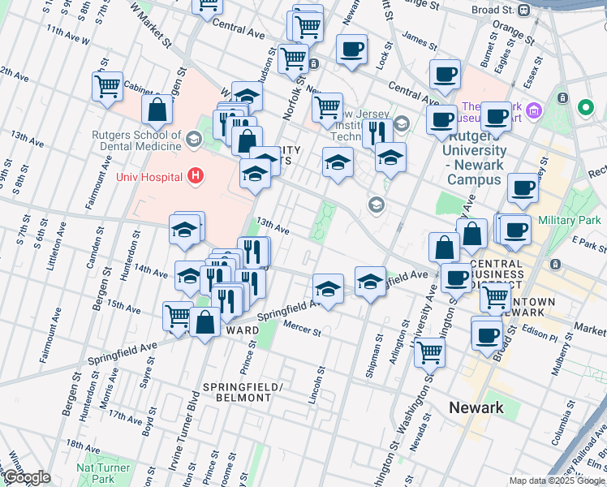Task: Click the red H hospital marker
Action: point(195,175)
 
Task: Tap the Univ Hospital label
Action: point(152,175)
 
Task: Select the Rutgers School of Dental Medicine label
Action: point(136,140)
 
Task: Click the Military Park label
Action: point(567,220)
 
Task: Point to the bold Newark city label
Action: point(476,407)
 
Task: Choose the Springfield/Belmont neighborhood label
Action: point(236,391)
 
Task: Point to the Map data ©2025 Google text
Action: point(556,481)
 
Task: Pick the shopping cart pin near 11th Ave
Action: point(107,85)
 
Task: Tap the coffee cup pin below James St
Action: point(445,75)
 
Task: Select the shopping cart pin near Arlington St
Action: point(429,351)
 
